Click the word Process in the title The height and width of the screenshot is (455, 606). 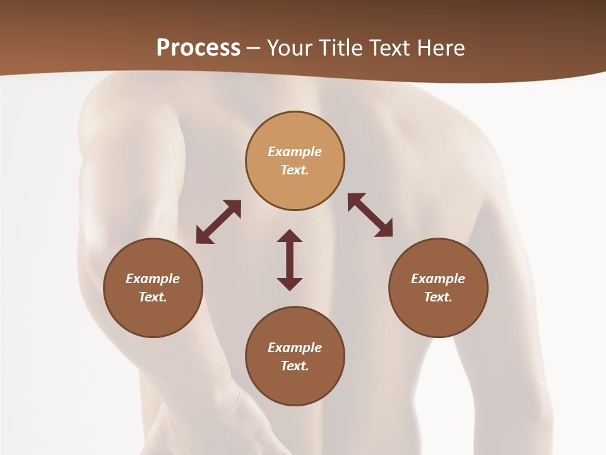[x=198, y=48]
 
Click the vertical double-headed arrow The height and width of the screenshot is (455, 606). [x=290, y=260]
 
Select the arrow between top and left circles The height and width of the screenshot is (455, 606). [x=218, y=222]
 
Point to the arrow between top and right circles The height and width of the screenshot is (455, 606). [x=370, y=215]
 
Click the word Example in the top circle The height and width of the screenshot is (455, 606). [x=295, y=152]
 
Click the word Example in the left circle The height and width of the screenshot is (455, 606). [x=153, y=279]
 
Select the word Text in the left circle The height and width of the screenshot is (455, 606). [x=153, y=297]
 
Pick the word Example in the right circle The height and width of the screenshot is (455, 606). [x=438, y=279]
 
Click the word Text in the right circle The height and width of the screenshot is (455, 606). [x=438, y=297]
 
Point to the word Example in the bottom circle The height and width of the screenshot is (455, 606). [x=295, y=348]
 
